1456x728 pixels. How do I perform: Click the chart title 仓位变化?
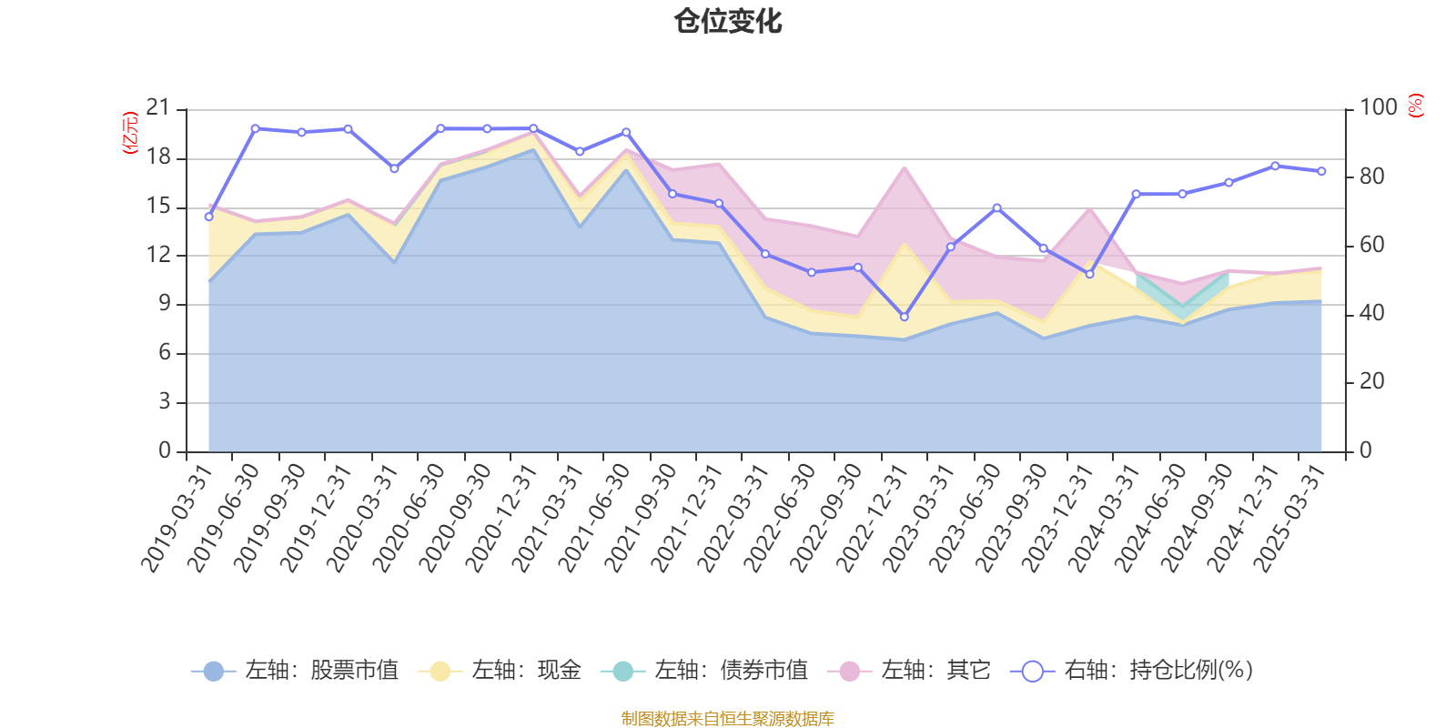tap(728, 21)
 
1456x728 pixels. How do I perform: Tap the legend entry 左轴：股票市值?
tap(295, 671)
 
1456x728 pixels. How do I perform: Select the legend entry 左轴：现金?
tap(500, 671)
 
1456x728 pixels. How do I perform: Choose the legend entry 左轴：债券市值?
tap(704, 671)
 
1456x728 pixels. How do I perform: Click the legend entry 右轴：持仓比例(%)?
tap(1132, 671)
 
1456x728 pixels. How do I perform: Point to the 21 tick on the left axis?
tap(158, 108)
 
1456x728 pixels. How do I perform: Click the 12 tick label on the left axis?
tap(158, 255)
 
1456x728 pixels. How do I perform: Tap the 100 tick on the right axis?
tap(1378, 107)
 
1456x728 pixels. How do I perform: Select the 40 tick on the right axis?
tap(1371, 313)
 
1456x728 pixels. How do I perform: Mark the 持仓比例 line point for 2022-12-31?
tap(904, 317)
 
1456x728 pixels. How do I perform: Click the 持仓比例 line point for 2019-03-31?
tap(208, 217)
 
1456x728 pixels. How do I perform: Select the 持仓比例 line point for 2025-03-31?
tap(1321, 171)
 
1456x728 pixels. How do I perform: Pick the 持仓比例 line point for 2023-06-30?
tap(996, 207)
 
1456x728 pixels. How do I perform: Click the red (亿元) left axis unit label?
tap(130, 133)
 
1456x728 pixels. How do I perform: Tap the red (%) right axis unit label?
tap(1416, 106)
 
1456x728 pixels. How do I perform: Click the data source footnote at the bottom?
tap(728, 719)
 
